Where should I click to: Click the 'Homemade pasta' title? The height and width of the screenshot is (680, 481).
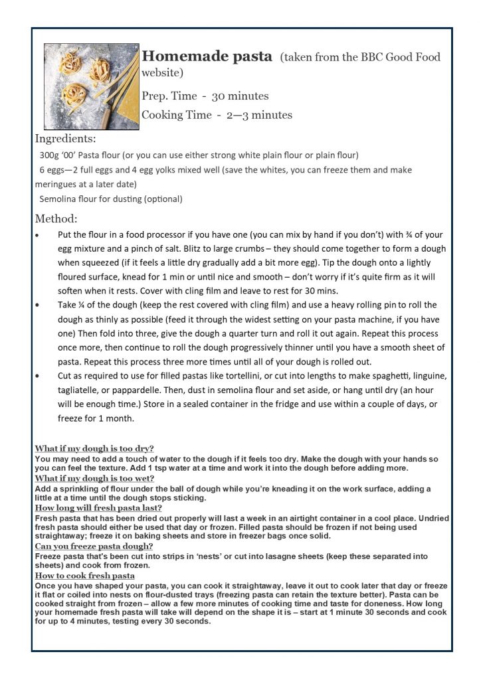tap(207, 56)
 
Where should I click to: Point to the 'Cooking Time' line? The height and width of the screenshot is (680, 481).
tap(217, 115)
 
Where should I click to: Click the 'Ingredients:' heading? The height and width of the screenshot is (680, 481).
tap(64, 139)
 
